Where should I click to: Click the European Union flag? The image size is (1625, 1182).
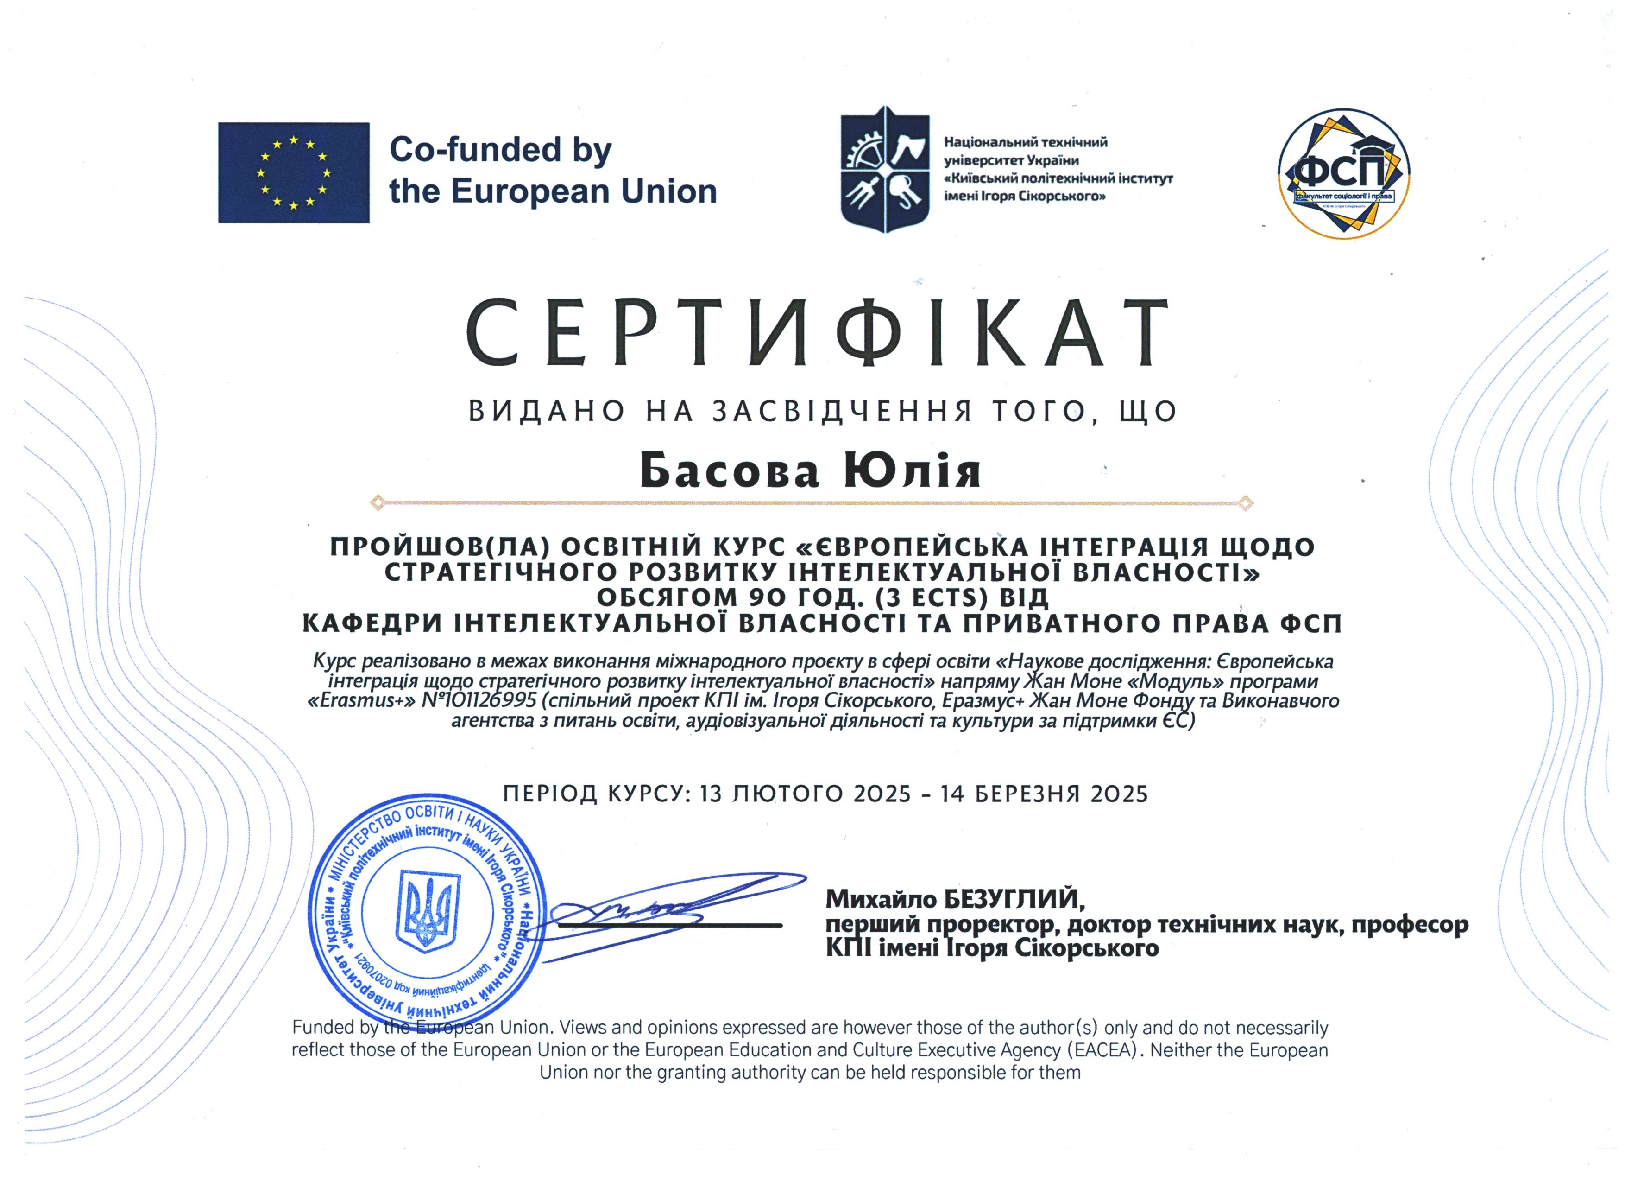[x=294, y=173]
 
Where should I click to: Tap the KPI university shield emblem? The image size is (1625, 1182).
[x=885, y=170]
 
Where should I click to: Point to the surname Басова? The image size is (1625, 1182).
[x=730, y=471]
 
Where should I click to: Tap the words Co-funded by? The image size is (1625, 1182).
[x=500, y=150]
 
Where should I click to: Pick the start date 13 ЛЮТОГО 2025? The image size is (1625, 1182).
[x=806, y=794]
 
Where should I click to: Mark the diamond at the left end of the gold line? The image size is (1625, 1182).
[x=378, y=502]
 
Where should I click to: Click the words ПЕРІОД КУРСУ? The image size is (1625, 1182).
[x=595, y=794]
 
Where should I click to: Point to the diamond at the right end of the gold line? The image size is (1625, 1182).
[x=1245, y=502]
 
